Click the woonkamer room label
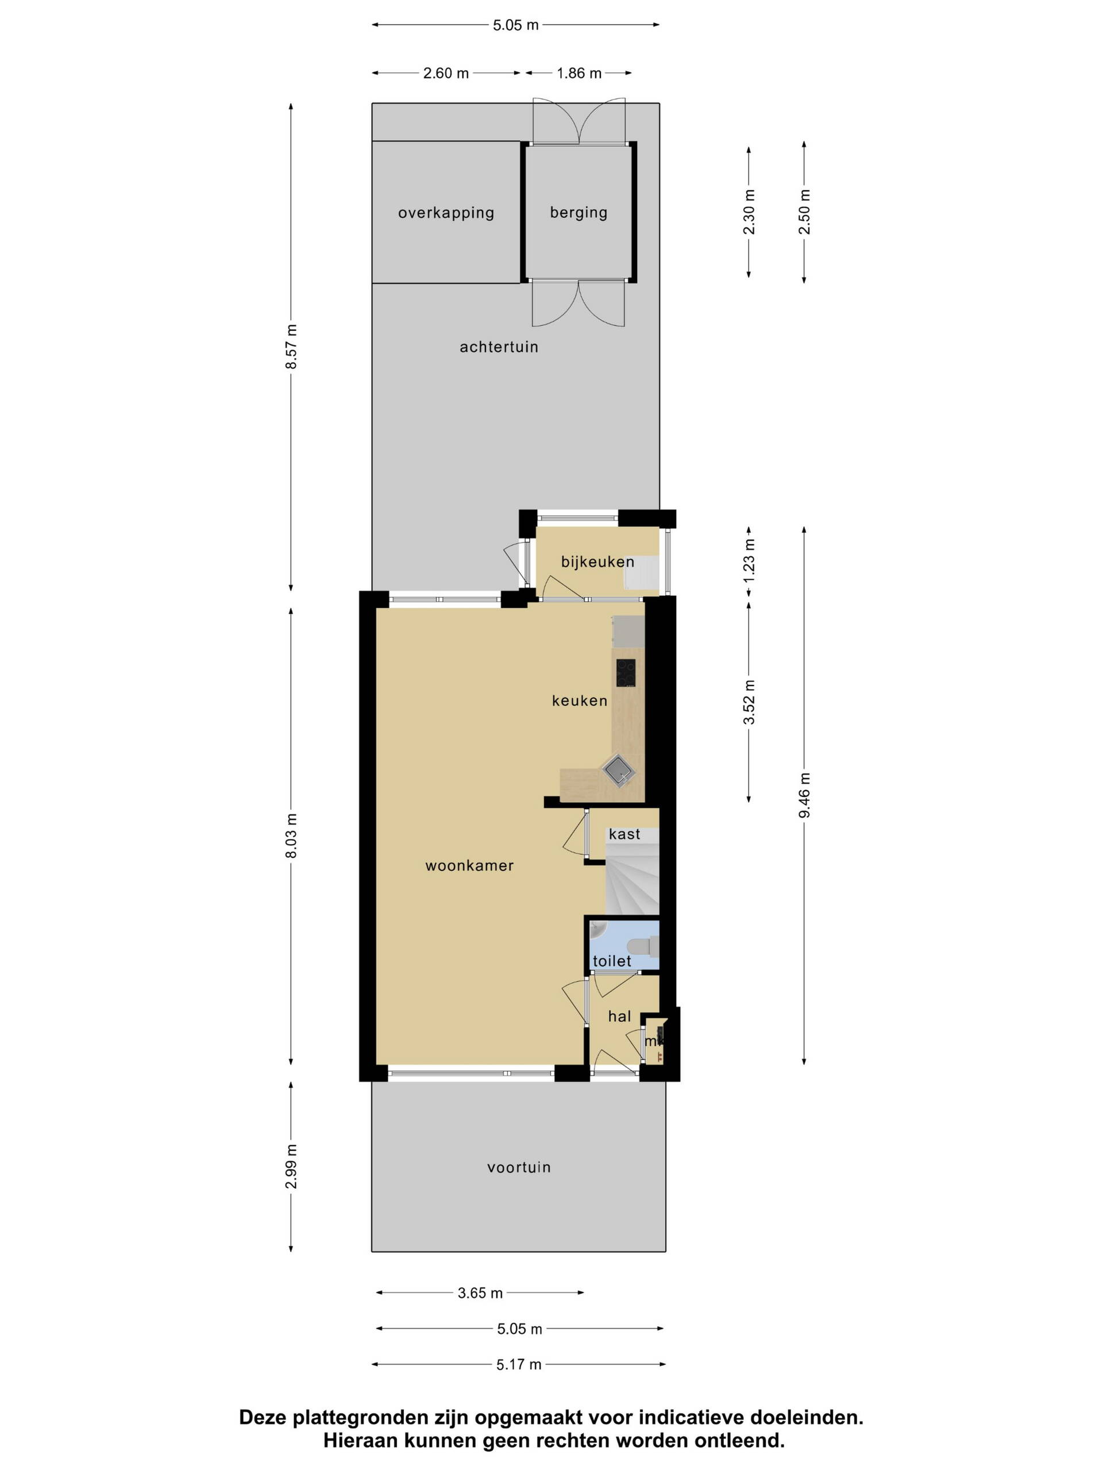pyautogui.click(x=469, y=865)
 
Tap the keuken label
pyautogui.click(x=580, y=700)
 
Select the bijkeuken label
pyautogui.click(x=597, y=562)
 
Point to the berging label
pyautogui.click(x=579, y=213)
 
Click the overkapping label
pyautogui.click(x=446, y=213)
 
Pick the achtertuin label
pyautogui.click(x=499, y=346)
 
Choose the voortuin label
pyautogui.click(x=519, y=1167)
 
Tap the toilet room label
pyautogui.click(x=612, y=961)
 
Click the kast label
pyautogui.click(x=625, y=834)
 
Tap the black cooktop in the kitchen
pyautogui.click(x=626, y=673)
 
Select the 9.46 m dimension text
pyautogui.click(x=804, y=795)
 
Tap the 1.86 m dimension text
pyautogui.click(x=579, y=73)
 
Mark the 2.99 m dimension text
pyautogui.click(x=291, y=1167)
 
